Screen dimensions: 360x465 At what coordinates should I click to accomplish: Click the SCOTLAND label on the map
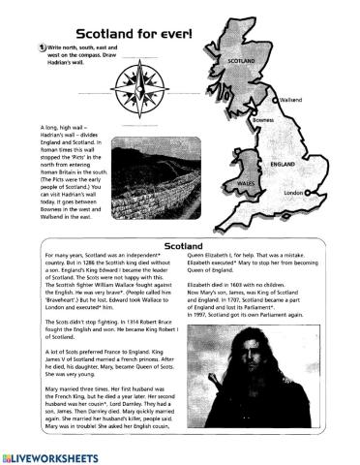tap(242, 60)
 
